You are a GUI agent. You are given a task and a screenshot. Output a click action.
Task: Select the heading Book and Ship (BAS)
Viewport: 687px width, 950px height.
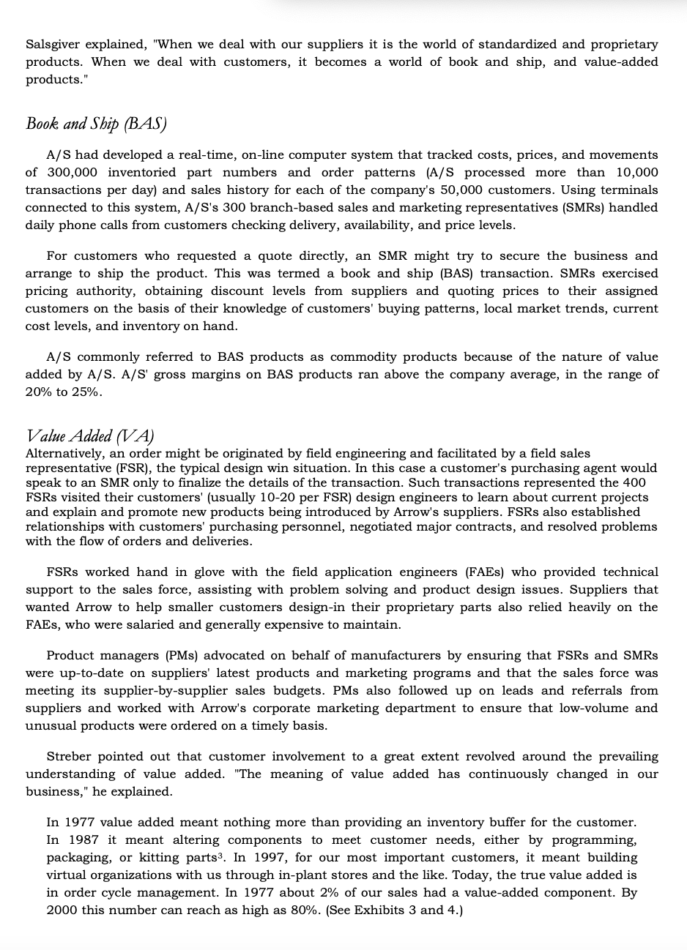(x=96, y=123)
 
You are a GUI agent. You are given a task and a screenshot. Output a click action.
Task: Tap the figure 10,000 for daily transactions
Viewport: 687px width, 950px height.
(x=633, y=173)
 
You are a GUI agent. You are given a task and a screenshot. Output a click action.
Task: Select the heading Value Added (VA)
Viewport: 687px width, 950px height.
(x=90, y=437)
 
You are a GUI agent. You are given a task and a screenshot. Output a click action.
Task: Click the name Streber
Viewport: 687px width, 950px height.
(x=71, y=757)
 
